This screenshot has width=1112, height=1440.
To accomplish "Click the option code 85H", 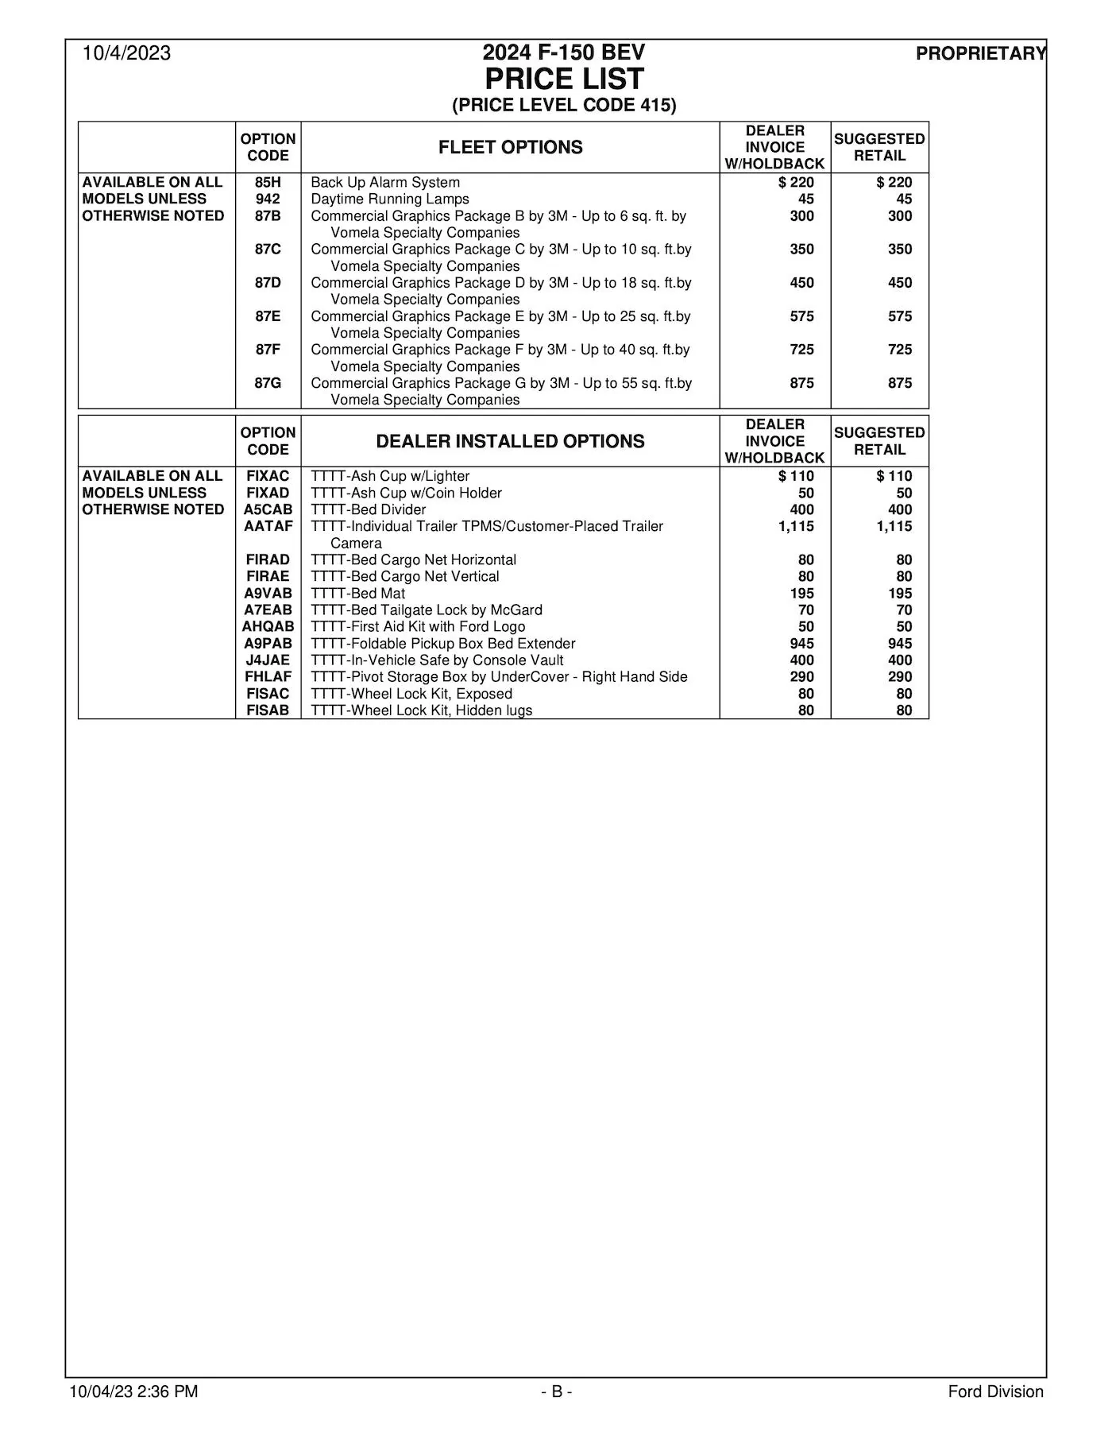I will coord(268,183).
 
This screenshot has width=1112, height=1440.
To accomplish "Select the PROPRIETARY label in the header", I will coord(981,54).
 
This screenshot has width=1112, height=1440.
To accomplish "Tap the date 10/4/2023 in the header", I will coord(127,53).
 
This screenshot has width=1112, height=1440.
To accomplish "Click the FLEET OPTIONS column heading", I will coord(510,148).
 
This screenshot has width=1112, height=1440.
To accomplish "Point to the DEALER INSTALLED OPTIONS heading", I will coord(510,442).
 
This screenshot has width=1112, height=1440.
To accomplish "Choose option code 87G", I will coord(268,383).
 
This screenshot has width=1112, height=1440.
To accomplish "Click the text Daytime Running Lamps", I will coord(389,199).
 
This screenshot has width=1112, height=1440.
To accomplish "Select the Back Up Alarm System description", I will coord(385,183).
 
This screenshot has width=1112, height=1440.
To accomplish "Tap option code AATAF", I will coord(268,526).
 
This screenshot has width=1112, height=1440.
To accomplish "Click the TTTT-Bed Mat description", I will coord(357,594).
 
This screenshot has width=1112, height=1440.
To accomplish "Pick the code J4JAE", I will coord(268,660).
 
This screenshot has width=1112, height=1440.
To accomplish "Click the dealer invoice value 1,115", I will coord(796,526).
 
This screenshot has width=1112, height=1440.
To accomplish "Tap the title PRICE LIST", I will coord(564,79).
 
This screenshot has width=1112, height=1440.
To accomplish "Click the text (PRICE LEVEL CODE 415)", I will coord(564,106).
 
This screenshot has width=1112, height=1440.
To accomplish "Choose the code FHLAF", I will coord(268,677).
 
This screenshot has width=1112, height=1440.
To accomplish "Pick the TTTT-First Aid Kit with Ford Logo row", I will coord(418,627).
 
